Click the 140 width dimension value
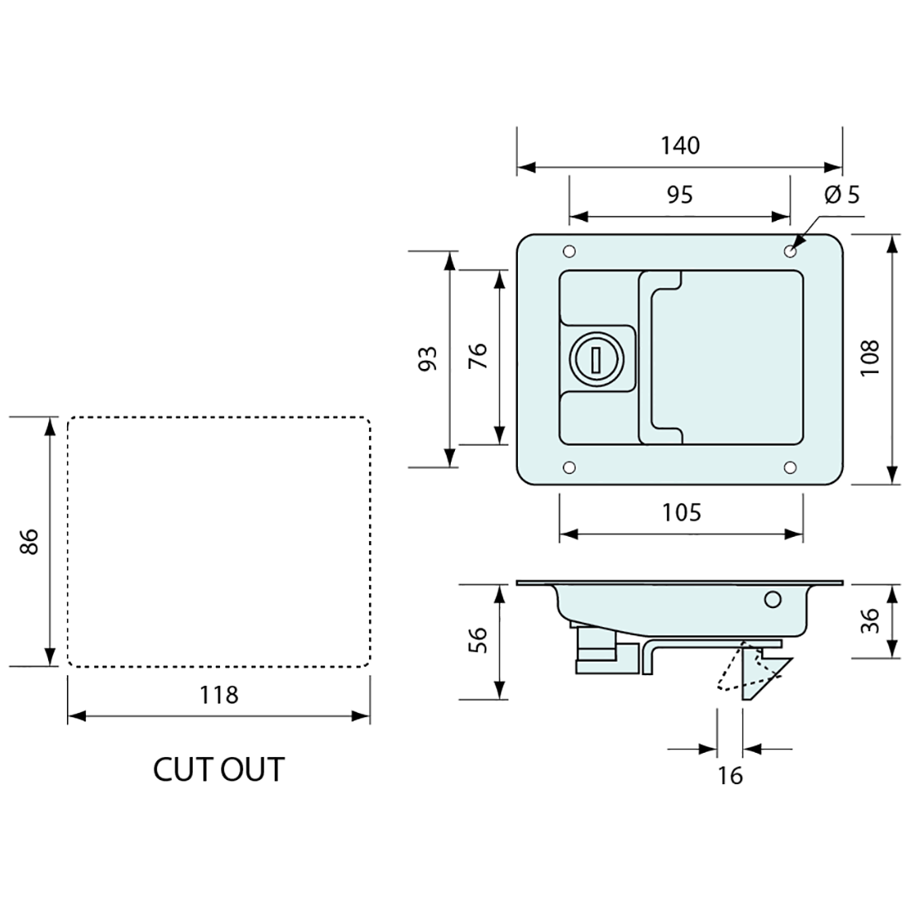[x=680, y=146]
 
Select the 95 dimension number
[x=679, y=194]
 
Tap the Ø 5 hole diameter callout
[x=842, y=195]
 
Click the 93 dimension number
[x=428, y=358]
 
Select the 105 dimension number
[x=681, y=513]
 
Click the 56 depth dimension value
[x=478, y=641]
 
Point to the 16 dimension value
[x=730, y=775]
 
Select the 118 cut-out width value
[x=218, y=695]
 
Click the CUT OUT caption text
[x=218, y=769]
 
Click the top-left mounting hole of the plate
[x=568, y=251]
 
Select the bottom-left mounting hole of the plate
[x=568, y=468]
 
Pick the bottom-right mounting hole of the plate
[x=790, y=468]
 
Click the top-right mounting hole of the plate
[x=790, y=251]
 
